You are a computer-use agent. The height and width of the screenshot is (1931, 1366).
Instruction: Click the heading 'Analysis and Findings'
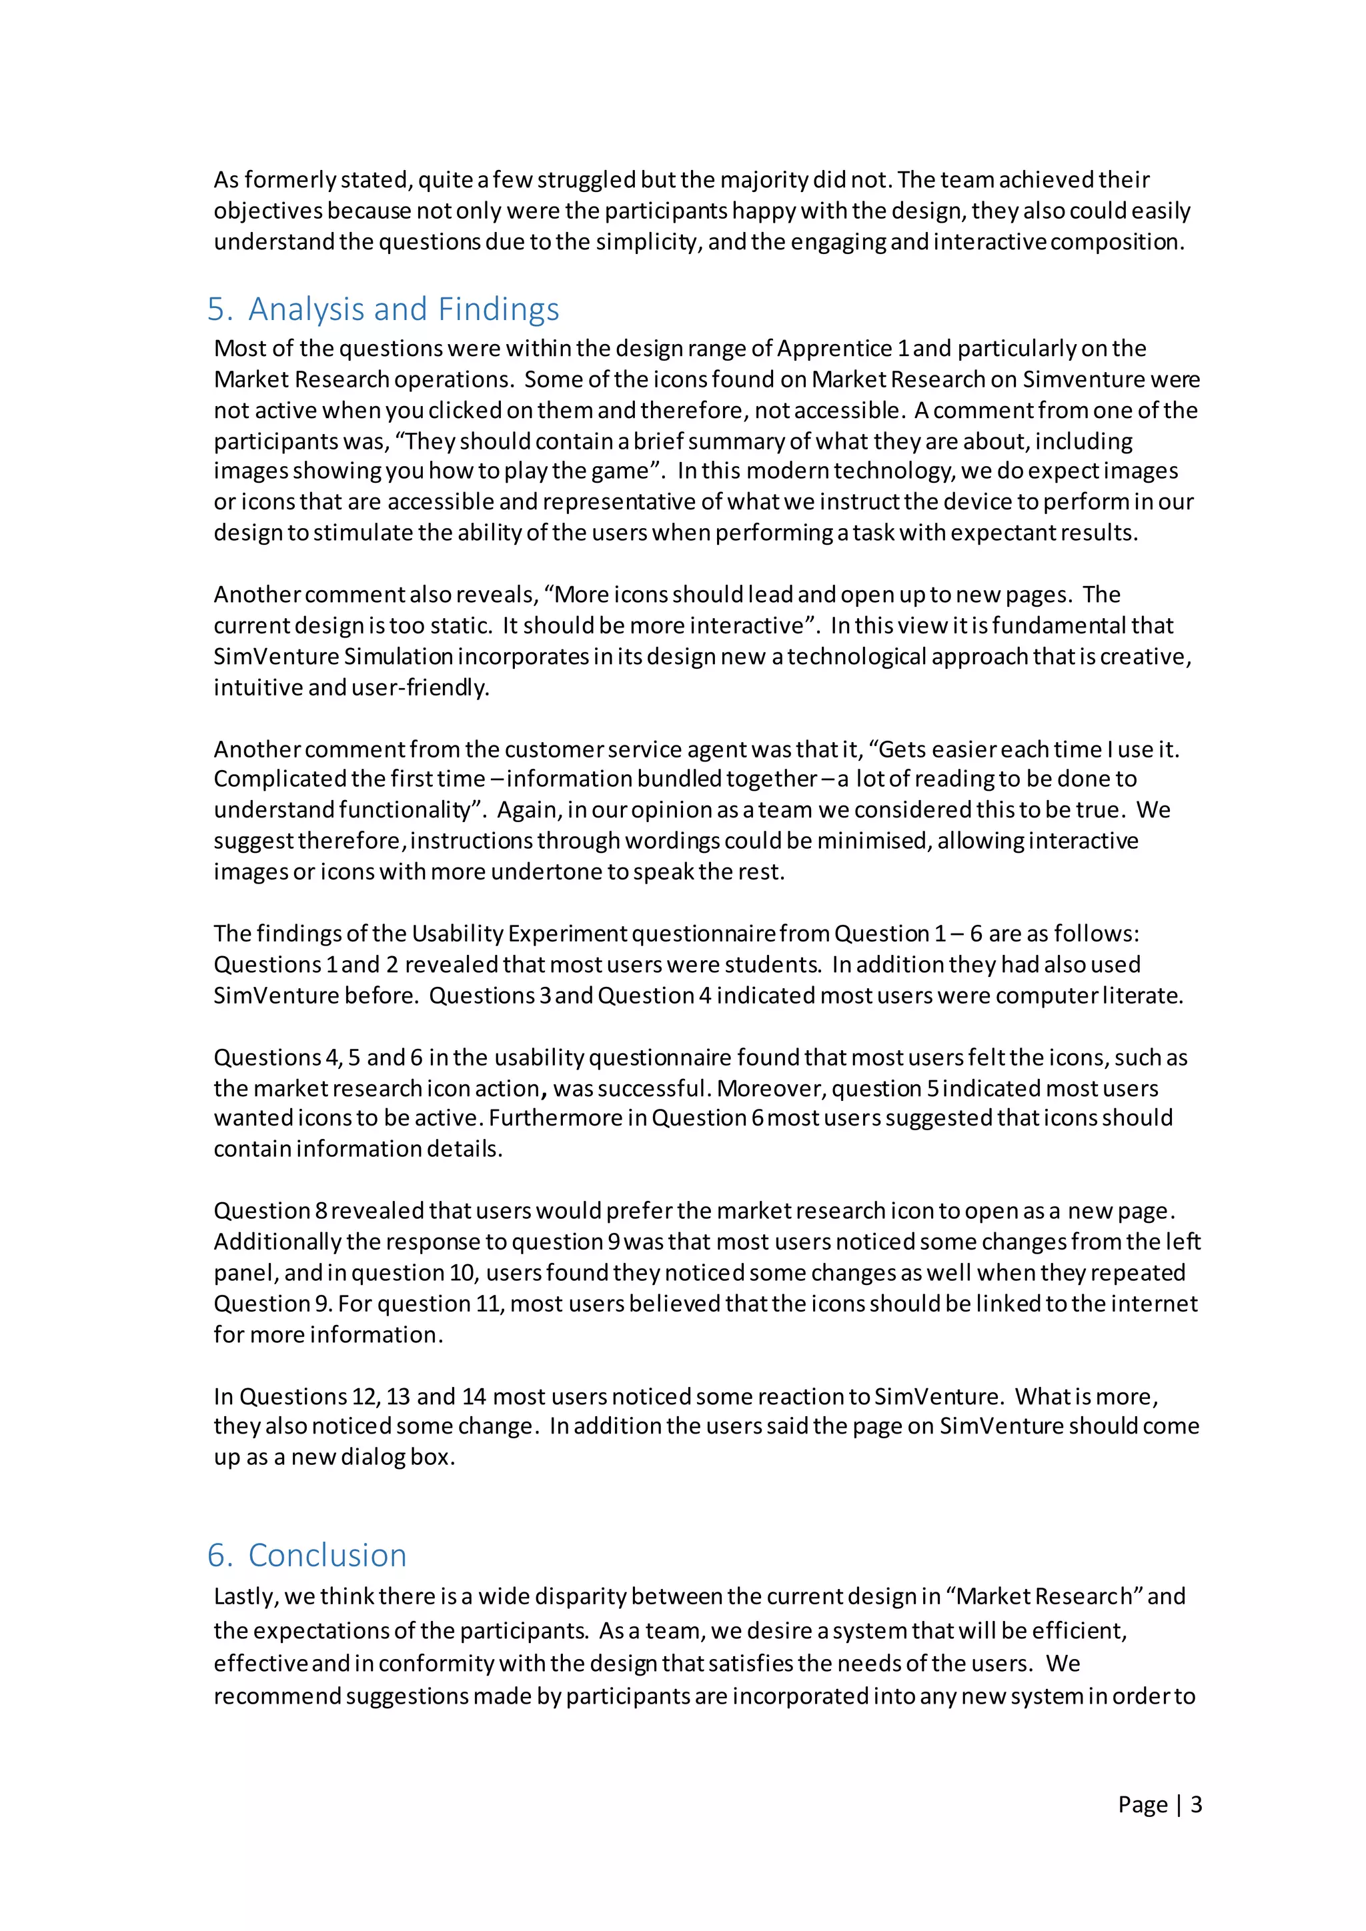point(403,309)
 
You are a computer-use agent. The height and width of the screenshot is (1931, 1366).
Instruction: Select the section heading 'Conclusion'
point(327,1555)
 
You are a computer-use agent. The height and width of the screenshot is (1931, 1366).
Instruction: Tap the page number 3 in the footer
point(1195,1804)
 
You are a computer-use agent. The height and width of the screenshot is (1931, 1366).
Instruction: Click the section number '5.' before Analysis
point(219,309)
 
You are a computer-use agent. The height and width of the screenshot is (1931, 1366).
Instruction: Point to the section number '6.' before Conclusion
point(219,1555)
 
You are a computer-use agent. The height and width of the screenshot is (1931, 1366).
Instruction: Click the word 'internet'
point(1154,1304)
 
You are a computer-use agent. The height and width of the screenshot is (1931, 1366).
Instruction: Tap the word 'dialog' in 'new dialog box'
point(374,1458)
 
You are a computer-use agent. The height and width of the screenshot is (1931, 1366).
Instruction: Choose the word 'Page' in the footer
point(1143,1804)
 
